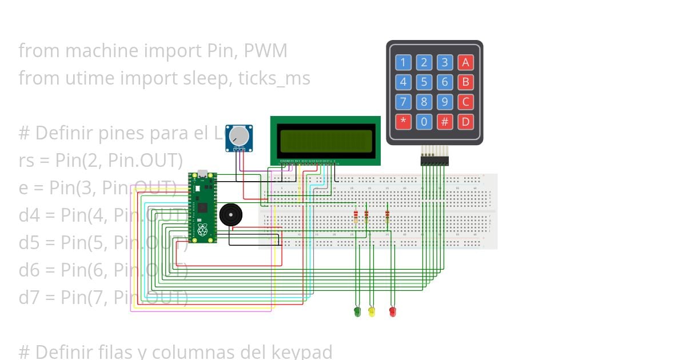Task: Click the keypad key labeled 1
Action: (x=403, y=63)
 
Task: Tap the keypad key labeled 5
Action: (x=424, y=82)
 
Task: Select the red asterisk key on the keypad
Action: (x=403, y=122)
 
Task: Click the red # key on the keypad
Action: (x=444, y=122)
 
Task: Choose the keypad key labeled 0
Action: (x=424, y=122)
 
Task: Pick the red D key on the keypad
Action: (x=465, y=122)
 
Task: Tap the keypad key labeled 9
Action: (x=444, y=102)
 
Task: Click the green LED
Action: (x=357, y=311)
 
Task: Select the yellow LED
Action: (x=372, y=311)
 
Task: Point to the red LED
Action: (x=392, y=311)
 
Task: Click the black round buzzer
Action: (x=230, y=215)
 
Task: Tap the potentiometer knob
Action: (x=238, y=136)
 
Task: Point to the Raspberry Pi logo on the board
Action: (x=202, y=230)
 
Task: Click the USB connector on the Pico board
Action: (x=202, y=174)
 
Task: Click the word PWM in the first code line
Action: (x=265, y=51)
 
